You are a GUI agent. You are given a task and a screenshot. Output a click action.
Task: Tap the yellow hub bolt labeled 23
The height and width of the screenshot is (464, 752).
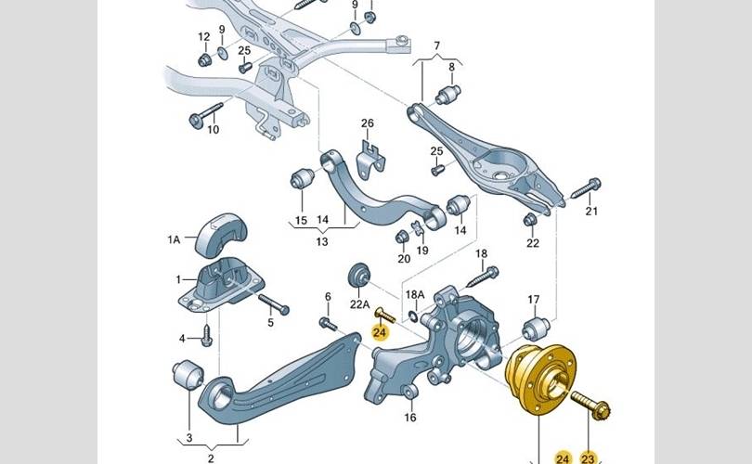click(598, 409)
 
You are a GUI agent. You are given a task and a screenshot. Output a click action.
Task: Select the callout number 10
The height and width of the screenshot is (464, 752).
click(213, 129)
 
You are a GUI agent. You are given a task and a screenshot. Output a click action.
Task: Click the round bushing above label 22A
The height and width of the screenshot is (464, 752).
click(358, 275)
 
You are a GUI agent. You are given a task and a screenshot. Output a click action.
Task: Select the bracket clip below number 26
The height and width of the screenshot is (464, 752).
click(372, 157)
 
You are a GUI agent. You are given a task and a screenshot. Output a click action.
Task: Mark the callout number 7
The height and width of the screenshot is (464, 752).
click(437, 46)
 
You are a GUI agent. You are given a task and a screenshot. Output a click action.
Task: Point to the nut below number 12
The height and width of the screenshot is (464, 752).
click(205, 61)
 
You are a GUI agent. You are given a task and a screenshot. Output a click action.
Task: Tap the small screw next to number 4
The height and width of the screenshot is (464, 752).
click(206, 338)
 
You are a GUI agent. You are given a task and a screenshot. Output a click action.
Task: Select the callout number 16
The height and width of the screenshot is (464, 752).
click(409, 417)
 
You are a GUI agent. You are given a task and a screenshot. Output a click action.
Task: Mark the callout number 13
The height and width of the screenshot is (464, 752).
click(322, 242)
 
